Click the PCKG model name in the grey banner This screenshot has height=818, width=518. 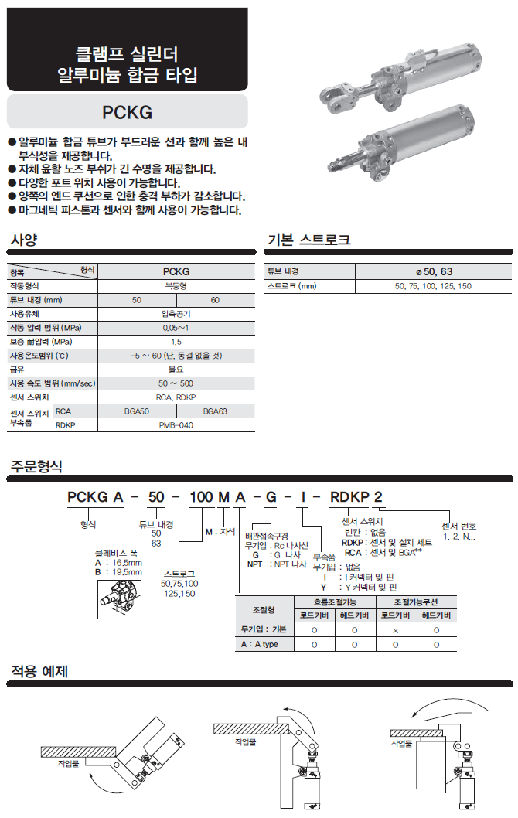pos(128,112)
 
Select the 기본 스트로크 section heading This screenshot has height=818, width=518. pos(308,240)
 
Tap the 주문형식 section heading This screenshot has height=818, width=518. pos(36,466)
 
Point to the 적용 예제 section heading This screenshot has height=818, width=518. pos(39,671)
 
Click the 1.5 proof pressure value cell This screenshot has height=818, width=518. pos(176,342)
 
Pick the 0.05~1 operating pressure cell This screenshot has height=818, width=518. pos(176,328)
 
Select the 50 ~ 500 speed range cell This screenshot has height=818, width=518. pos(176,383)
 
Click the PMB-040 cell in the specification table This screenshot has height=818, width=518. pos(176,425)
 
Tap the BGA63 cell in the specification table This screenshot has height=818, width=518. pos(215,411)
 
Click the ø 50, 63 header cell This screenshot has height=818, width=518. pos(434,271)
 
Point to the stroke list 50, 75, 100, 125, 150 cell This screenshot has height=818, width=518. pos(434,286)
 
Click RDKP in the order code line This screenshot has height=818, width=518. pos(349,496)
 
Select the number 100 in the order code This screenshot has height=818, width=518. pos(201,496)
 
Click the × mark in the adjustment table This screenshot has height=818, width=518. pos(395,630)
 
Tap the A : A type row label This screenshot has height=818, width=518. pos(260,644)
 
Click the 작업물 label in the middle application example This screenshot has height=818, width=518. pos(245,741)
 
